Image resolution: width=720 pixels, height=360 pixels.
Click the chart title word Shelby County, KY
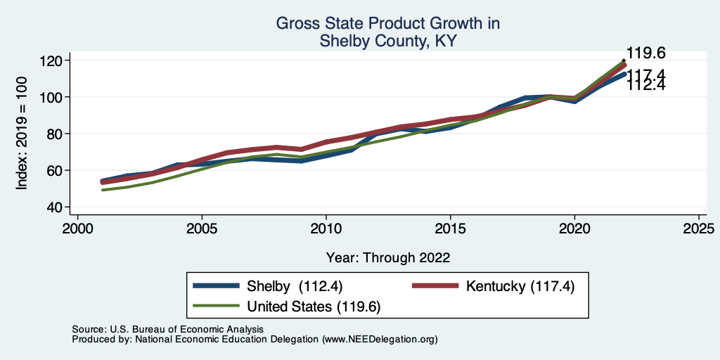click(x=388, y=41)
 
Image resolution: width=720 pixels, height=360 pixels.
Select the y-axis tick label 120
click(x=51, y=60)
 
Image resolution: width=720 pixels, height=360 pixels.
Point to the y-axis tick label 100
click(x=51, y=97)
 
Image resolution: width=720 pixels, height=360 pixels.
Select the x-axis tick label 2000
click(x=77, y=229)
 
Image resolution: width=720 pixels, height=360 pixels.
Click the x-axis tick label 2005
click(x=202, y=229)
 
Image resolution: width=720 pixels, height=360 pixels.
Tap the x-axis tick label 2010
click(x=326, y=229)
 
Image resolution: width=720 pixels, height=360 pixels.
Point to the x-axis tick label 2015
click(x=451, y=229)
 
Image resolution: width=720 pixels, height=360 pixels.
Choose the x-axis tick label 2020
click(x=575, y=229)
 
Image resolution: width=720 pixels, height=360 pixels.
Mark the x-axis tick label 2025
click(x=700, y=229)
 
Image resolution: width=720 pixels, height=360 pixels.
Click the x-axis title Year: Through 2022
click(x=388, y=257)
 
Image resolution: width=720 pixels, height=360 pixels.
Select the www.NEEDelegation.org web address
click(x=379, y=339)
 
